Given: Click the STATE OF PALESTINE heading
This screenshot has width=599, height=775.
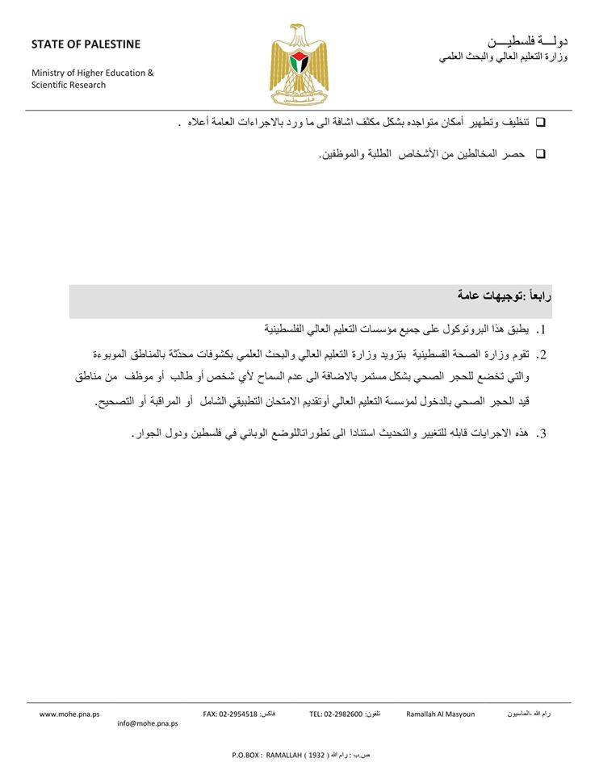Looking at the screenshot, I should coord(86,44).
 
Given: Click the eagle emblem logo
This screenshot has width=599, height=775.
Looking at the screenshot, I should coord(299,65).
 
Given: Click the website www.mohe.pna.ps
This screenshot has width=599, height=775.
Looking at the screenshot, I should coord(69,714).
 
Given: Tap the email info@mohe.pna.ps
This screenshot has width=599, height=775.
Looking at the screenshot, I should coord(148,724).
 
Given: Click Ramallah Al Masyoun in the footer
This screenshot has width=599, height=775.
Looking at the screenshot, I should coord(440,714).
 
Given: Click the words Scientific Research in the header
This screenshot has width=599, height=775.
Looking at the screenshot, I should coord(69,85).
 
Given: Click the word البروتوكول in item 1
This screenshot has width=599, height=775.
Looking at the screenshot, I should coord(463,329).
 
